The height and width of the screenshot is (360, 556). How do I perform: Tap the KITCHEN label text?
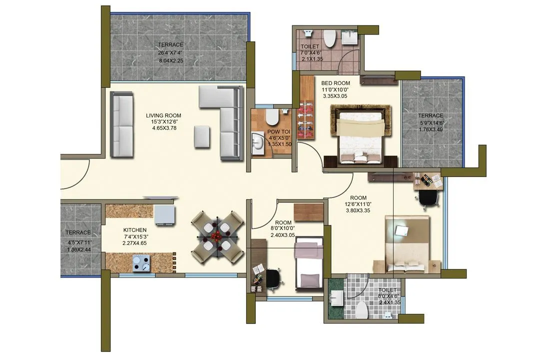pos(135,230)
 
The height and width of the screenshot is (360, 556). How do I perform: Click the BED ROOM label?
pos(336,83)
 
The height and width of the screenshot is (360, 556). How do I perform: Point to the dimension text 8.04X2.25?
pos(171,59)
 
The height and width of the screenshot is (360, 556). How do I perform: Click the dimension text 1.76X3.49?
pos(431,129)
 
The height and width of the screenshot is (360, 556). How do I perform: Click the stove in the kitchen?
pos(141,262)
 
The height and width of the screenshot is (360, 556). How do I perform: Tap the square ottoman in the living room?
pos(201,136)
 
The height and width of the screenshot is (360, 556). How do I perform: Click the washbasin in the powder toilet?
pos(258,143)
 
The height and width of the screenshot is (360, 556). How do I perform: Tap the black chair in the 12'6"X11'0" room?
pos(428,198)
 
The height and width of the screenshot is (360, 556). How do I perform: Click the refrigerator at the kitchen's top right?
pos(164,215)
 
